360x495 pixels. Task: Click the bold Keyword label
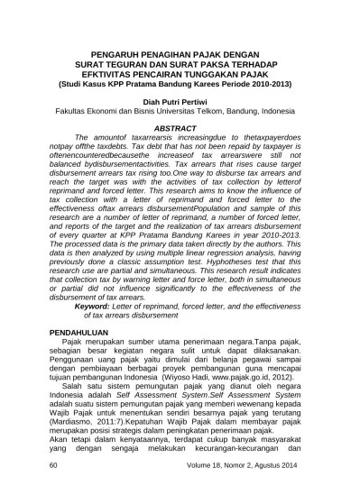tap(100, 307)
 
